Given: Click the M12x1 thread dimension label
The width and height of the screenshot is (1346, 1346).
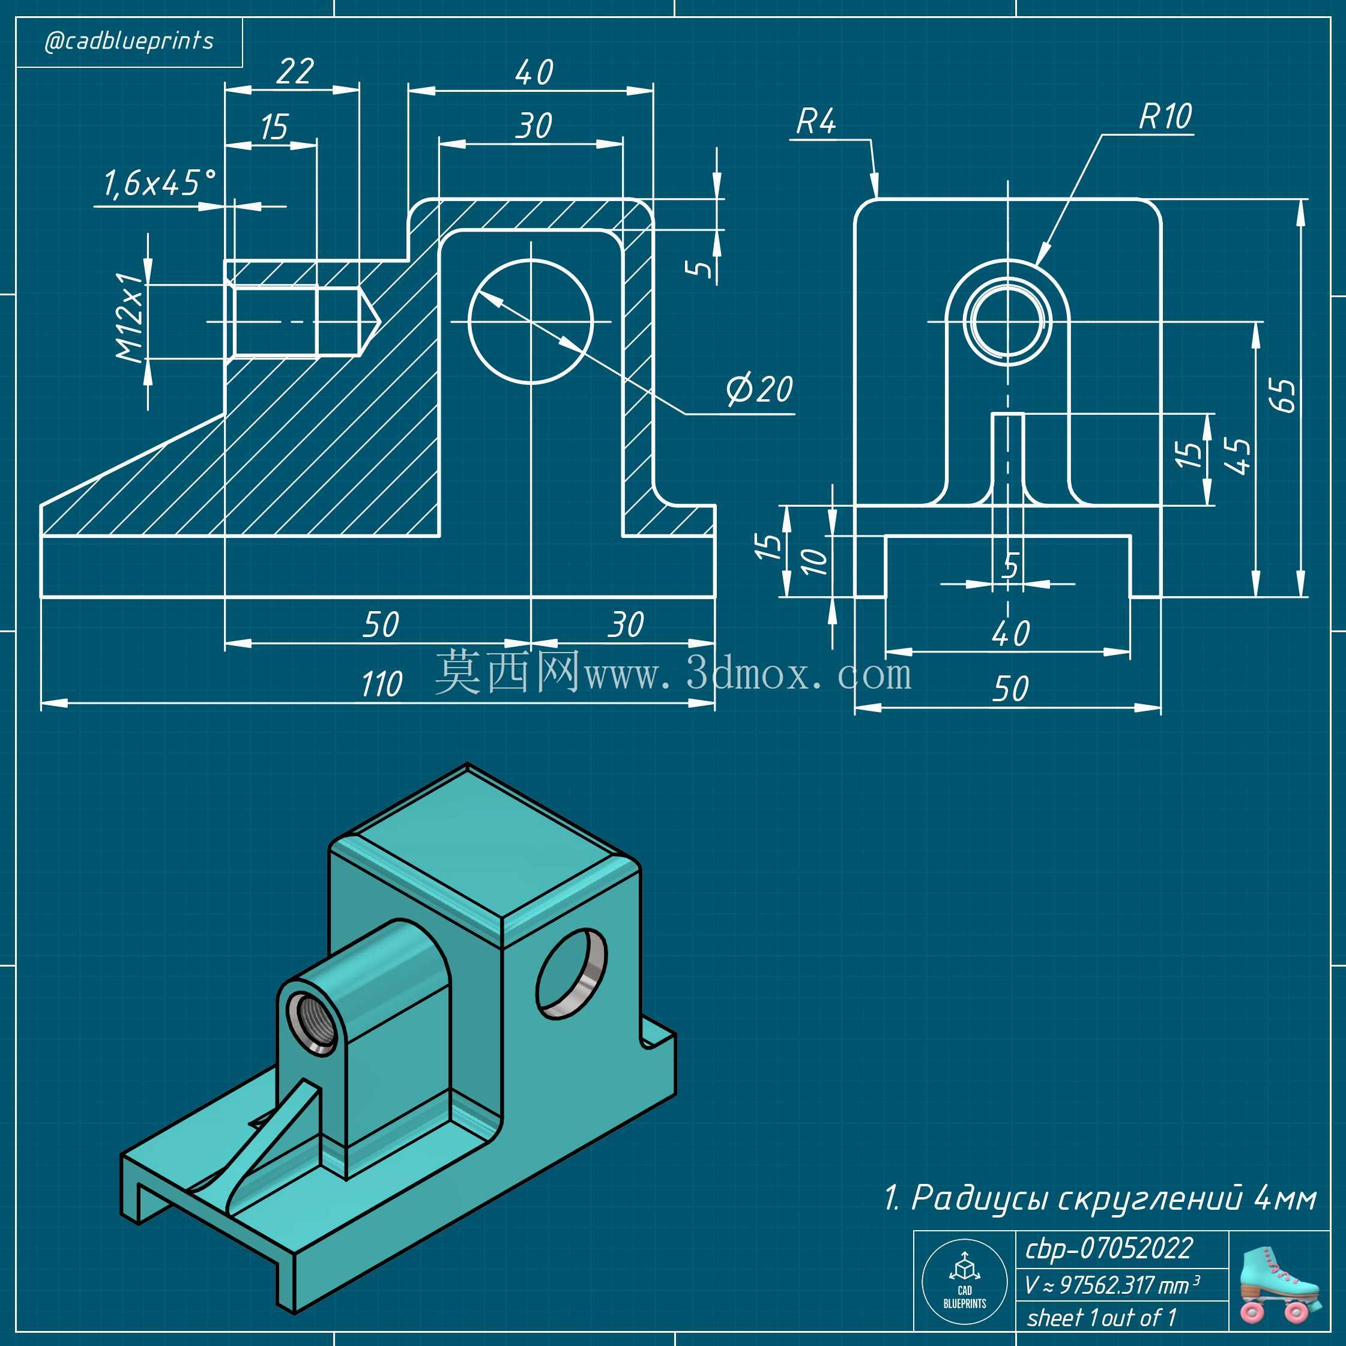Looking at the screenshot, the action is (130, 317).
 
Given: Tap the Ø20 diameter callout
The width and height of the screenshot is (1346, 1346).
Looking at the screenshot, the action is (759, 389).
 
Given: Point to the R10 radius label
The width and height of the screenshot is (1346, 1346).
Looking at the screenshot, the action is (1165, 116).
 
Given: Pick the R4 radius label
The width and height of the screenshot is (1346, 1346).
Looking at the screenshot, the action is (816, 121).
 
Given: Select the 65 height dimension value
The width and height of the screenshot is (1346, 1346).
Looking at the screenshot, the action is (1285, 395).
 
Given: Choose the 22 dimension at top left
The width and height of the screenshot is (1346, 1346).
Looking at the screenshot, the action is (295, 71).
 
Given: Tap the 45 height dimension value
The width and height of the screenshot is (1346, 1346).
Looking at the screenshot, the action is (1241, 456).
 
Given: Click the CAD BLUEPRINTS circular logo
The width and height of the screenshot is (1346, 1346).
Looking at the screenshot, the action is (964, 1282).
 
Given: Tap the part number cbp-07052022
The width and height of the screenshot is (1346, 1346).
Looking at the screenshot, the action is (1109, 1249).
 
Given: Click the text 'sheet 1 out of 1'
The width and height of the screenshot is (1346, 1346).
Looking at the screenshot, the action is (1102, 1317).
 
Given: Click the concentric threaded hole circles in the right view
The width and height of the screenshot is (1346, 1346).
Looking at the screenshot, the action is (1008, 322).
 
